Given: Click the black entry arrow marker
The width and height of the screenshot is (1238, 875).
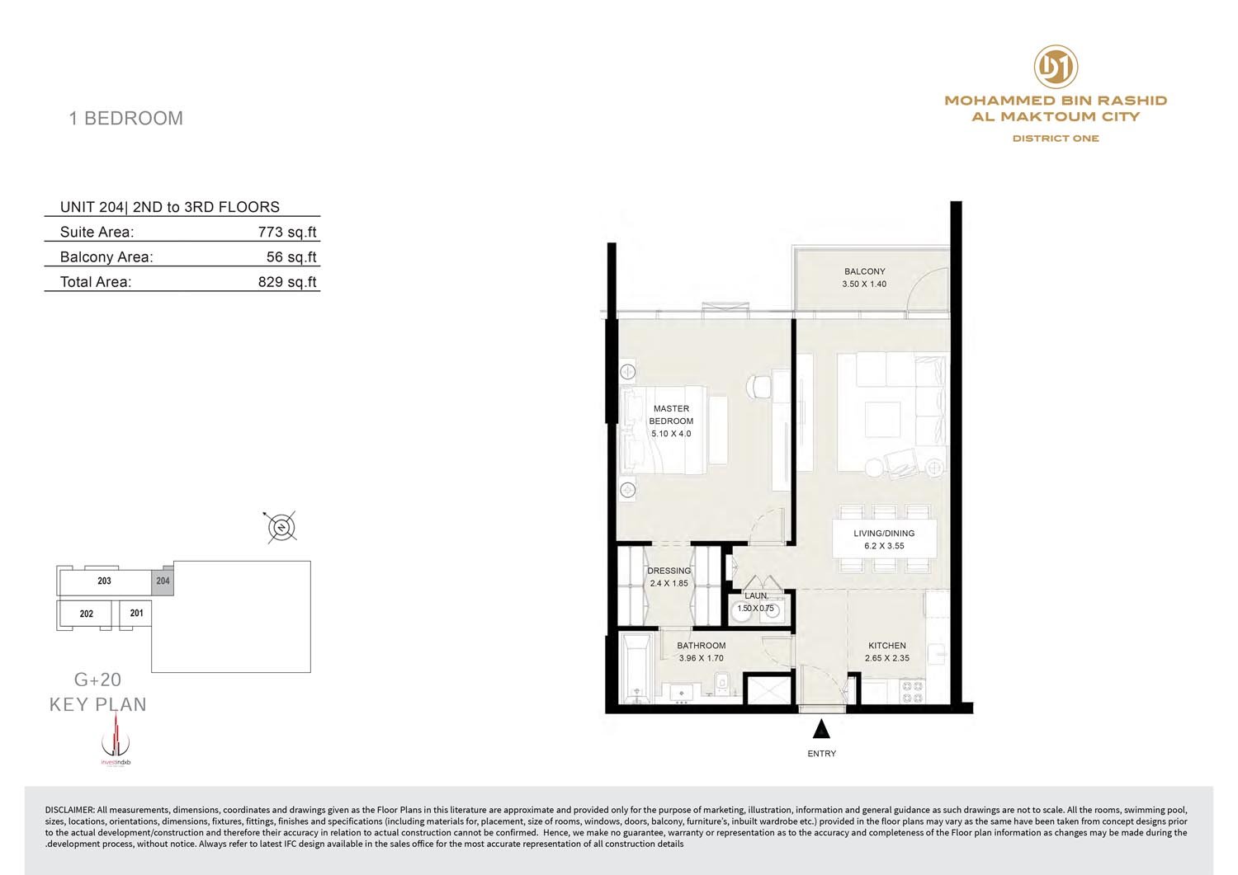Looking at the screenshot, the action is [x=821, y=728].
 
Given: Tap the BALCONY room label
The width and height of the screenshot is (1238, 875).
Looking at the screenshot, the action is [x=864, y=271].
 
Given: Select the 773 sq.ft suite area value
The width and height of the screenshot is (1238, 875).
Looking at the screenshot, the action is [x=287, y=232].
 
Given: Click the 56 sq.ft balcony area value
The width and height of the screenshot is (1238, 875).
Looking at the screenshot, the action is [x=291, y=256].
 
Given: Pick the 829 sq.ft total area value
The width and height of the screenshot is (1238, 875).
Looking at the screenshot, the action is [x=287, y=282].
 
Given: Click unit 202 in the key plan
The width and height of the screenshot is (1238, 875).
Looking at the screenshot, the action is [x=86, y=614].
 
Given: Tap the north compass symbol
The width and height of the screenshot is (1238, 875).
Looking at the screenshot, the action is [x=281, y=527].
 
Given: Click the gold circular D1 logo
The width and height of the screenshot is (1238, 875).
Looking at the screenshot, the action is [x=1056, y=67].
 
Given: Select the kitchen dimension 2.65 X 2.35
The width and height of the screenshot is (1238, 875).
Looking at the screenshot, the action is [x=886, y=658].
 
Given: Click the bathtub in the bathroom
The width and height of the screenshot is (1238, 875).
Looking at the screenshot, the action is [x=636, y=668].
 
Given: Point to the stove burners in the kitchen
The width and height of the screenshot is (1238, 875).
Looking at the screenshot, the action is [x=912, y=692].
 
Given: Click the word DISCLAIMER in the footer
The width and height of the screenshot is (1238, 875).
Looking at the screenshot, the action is [x=69, y=810].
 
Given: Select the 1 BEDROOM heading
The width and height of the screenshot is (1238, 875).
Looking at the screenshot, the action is [x=126, y=118].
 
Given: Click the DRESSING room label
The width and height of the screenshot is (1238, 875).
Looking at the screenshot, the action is [x=669, y=571].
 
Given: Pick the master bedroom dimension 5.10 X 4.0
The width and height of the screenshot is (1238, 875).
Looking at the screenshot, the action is [x=671, y=434].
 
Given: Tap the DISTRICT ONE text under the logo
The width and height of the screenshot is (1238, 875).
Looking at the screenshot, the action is [x=1056, y=139].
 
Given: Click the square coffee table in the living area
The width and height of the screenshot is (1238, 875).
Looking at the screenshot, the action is [x=882, y=419].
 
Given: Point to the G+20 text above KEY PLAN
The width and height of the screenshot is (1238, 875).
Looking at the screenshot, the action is [x=98, y=680].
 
